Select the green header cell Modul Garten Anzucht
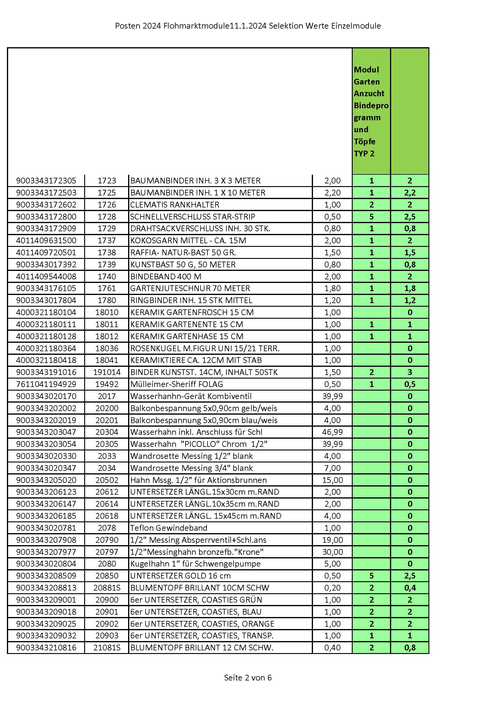(371, 111)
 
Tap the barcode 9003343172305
(46, 181)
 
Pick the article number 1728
(106, 217)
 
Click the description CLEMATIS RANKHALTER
(175, 205)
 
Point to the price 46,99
(332, 432)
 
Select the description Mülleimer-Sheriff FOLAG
(176, 384)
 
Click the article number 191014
(106, 372)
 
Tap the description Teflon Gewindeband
(169, 528)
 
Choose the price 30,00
(332, 552)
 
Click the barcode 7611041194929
(46, 384)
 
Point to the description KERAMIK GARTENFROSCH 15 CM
(192, 312)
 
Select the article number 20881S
(106, 588)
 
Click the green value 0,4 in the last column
(410, 588)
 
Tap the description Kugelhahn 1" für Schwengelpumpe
(195, 564)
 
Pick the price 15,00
(332, 480)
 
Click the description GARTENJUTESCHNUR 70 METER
(190, 288)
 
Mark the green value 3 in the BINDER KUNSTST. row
(410, 372)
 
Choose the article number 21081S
(106, 648)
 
